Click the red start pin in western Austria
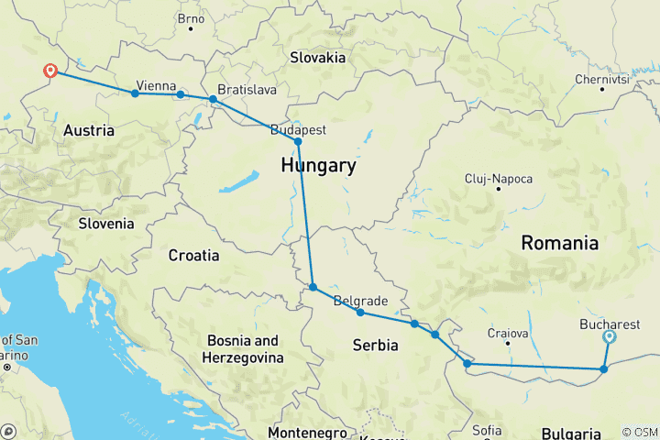(x=50, y=71)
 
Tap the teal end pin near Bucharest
(x=610, y=337)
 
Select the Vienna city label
(x=156, y=85)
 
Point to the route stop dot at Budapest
(x=298, y=142)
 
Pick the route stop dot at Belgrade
(x=360, y=313)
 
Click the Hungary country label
(x=318, y=166)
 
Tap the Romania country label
(x=559, y=243)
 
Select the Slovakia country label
(x=317, y=57)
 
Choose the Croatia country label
(x=193, y=256)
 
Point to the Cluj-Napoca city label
(x=499, y=178)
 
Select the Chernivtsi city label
(x=600, y=79)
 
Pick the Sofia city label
(x=487, y=430)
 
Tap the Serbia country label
(x=376, y=346)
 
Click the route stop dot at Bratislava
(x=213, y=99)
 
